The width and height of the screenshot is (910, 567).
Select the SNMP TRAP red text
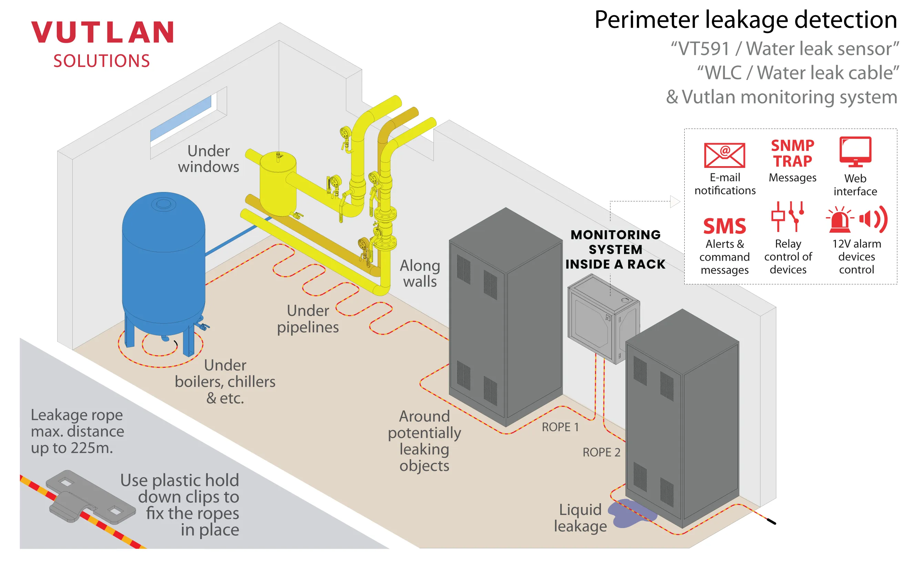pyautogui.click(x=792, y=153)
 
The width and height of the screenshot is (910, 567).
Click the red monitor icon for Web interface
pyautogui.click(x=855, y=151)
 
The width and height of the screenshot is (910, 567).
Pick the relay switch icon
pyautogui.click(x=787, y=216)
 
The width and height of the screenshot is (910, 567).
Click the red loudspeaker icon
pyautogui.click(x=873, y=219)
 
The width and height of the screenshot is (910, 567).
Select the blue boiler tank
pyautogui.click(x=163, y=263)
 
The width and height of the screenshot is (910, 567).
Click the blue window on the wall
pyautogui.click(x=181, y=119)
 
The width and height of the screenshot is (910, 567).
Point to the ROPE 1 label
pyautogui.click(x=560, y=427)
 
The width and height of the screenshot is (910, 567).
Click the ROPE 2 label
pyautogui.click(x=601, y=452)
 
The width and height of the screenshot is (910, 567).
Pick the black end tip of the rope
pyautogui.click(x=771, y=521)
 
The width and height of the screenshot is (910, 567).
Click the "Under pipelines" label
pyautogui.click(x=308, y=319)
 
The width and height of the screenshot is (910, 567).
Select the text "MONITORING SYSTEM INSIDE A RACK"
pyautogui.click(x=615, y=249)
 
